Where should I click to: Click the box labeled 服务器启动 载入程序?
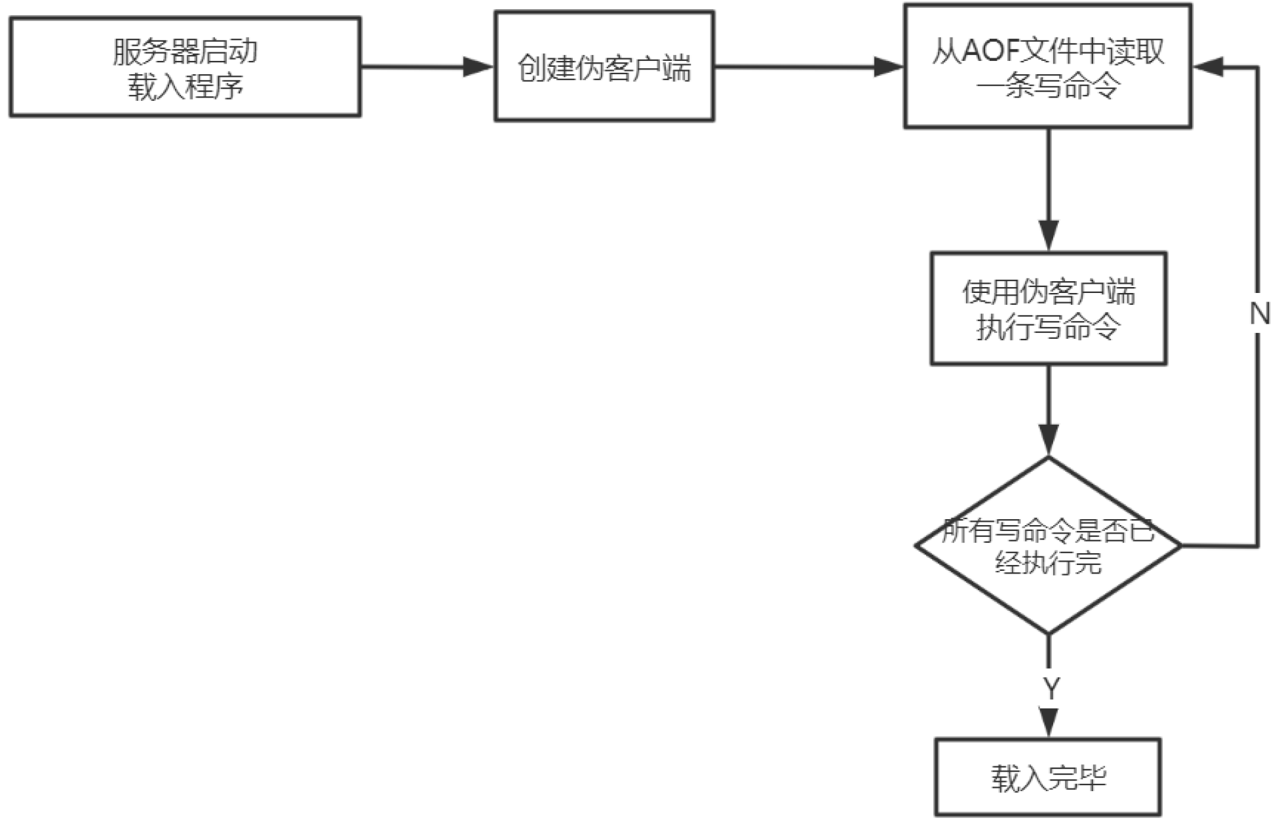click(x=185, y=67)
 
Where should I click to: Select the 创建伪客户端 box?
click(x=604, y=66)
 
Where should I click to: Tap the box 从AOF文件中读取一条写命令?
click(x=1047, y=66)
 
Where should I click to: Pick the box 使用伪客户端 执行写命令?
click(x=1048, y=308)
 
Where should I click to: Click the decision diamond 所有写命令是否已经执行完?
click(x=1048, y=545)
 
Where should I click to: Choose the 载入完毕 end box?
click(x=1047, y=777)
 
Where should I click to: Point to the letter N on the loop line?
click(x=1259, y=314)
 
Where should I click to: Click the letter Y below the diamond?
click(x=1051, y=688)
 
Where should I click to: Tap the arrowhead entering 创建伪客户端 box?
click(x=478, y=66)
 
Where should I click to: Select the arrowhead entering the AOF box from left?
click(x=889, y=66)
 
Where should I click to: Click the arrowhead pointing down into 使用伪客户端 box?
click(x=1048, y=236)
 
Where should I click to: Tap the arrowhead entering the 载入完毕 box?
click(x=1048, y=722)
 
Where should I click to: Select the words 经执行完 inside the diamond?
click(x=1048, y=562)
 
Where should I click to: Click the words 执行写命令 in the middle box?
click(x=1048, y=326)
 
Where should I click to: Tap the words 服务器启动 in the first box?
click(x=185, y=51)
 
